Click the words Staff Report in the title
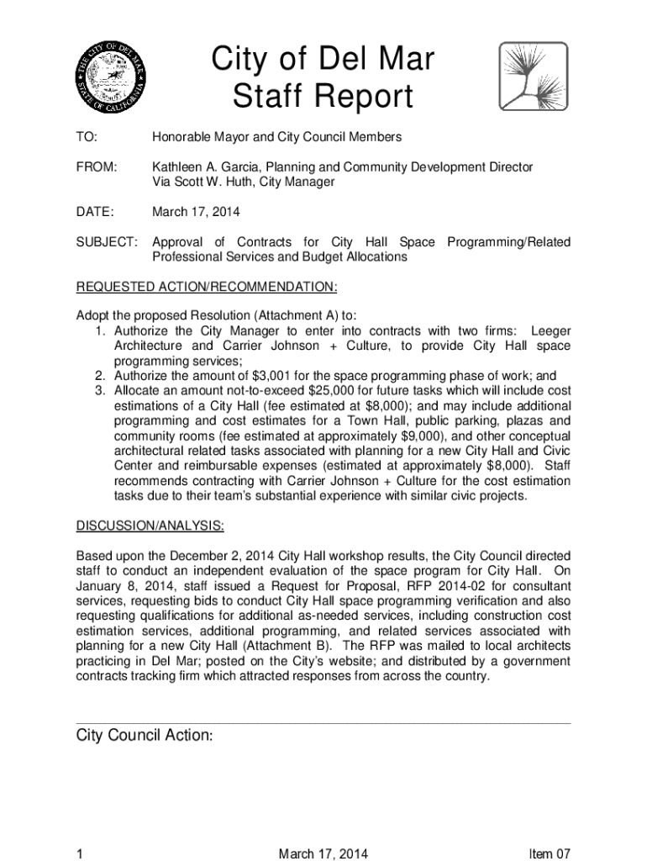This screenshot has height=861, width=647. [323, 98]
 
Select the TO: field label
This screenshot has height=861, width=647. [87, 137]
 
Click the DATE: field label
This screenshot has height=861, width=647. [96, 213]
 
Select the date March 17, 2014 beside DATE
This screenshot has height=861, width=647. [191, 213]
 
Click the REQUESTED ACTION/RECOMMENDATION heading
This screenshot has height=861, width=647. [207, 288]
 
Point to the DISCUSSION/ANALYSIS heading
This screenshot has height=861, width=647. [150, 527]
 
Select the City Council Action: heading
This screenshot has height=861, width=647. [145, 736]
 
